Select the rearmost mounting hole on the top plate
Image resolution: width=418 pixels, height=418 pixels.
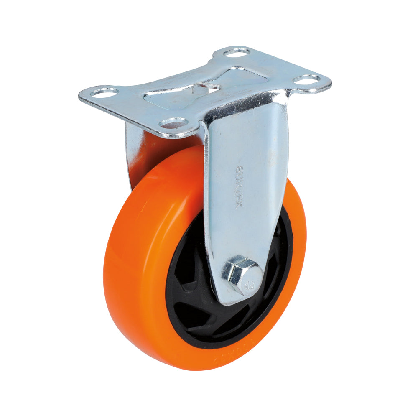[x=237, y=52]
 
